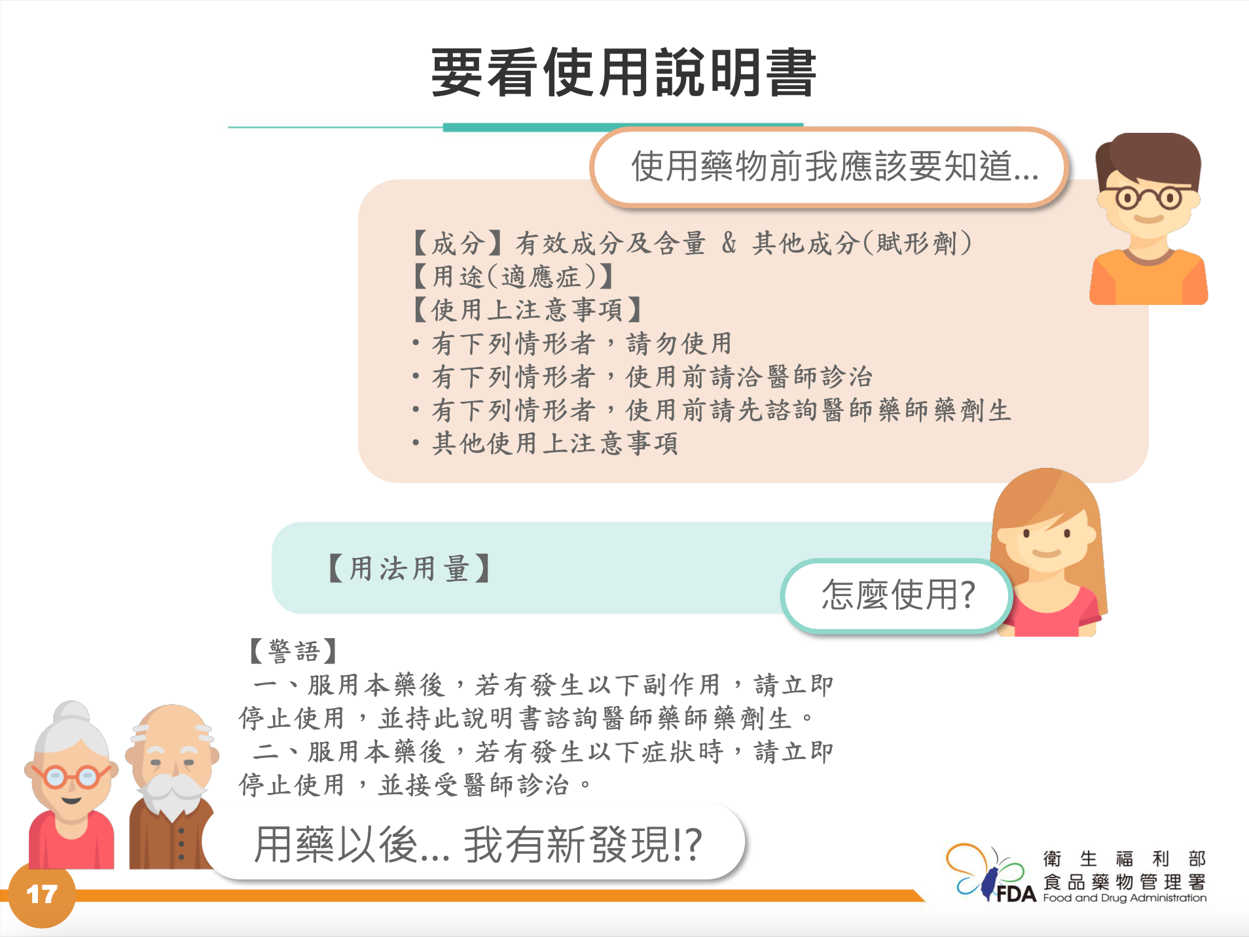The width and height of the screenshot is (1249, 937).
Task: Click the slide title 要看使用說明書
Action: [623, 72]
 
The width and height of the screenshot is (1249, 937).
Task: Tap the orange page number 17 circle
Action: [41, 894]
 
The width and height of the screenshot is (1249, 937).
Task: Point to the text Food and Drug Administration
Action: [1125, 898]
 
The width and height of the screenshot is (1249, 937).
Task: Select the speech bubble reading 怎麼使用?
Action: [897, 595]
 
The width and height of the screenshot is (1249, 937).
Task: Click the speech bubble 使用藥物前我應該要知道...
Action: [829, 168]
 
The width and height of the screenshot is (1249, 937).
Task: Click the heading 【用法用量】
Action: [409, 568]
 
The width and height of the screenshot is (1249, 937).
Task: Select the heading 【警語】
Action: [294, 651]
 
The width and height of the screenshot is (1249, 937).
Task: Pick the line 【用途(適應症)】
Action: [513, 276]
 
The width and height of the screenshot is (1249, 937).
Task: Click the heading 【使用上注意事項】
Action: [528, 309]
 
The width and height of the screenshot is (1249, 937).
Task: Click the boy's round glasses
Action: [1149, 197]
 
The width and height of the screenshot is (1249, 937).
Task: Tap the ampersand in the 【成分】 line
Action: [729, 243]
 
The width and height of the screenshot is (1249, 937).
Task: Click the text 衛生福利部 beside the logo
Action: [1124, 858]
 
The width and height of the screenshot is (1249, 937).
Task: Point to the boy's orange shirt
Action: [1148, 278]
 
